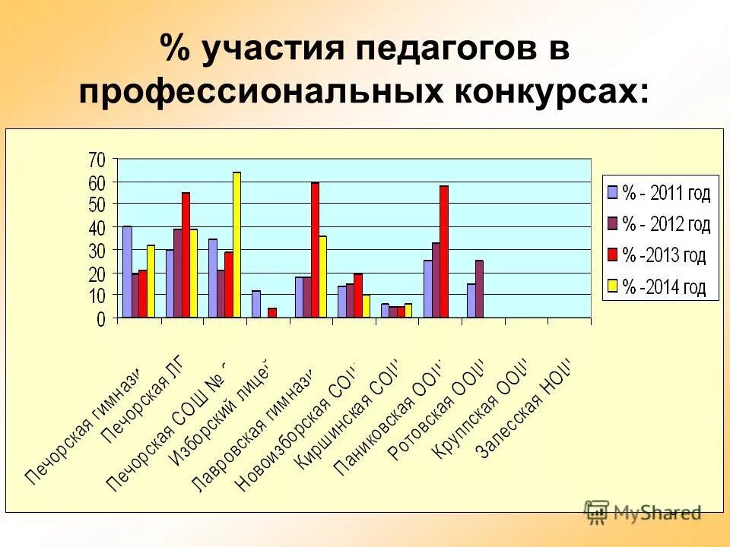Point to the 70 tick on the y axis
pyautogui.click(x=97, y=160)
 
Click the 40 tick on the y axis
pyautogui.click(x=97, y=228)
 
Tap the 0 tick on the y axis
pyautogui.click(x=101, y=320)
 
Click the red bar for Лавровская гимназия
pyautogui.click(x=315, y=250)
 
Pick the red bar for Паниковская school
pyautogui.click(x=443, y=251)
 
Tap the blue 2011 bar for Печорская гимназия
pyautogui.click(x=127, y=272)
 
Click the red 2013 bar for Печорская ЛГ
pyautogui.click(x=186, y=255)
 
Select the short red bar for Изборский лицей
pyautogui.click(x=271, y=312)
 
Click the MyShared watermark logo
pyautogui.click(x=642, y=512)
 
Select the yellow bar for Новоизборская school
pyautogui.click(x=366, y=306)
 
